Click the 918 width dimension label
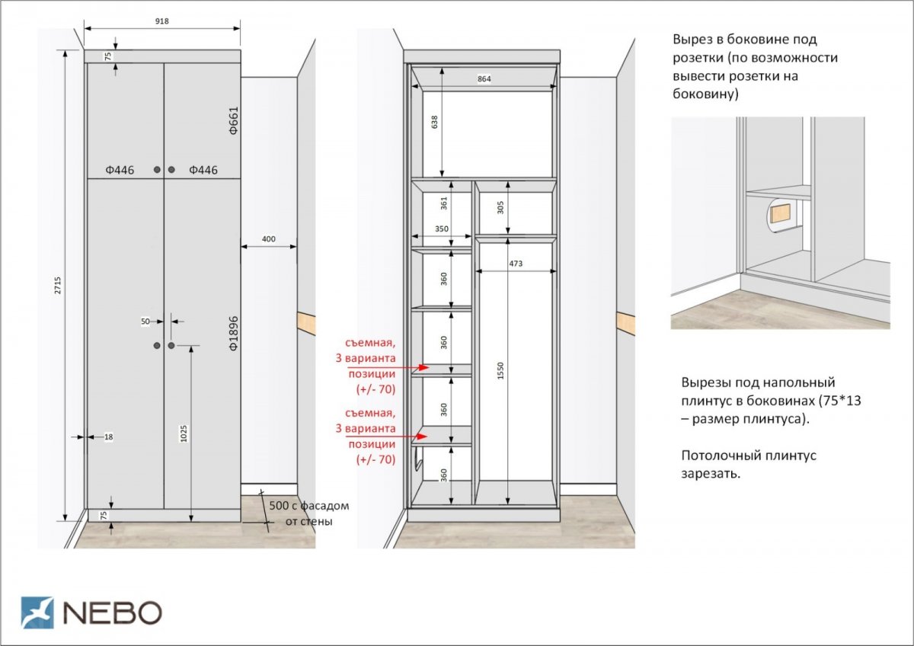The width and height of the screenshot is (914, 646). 162,21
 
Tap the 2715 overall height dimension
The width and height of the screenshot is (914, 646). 58,285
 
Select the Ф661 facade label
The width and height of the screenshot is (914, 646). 233,121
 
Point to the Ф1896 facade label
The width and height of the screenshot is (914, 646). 233,334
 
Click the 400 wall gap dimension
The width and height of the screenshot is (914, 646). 268,239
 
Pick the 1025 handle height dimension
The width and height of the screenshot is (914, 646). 184,433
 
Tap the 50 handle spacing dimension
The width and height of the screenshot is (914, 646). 145,321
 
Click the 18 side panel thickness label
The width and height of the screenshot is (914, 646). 108,437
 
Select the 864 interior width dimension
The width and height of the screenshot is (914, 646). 484,79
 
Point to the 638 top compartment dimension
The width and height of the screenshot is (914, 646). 435,122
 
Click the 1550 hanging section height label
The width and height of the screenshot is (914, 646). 500,371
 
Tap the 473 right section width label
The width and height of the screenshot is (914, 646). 516,264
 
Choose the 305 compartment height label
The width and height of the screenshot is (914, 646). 500,207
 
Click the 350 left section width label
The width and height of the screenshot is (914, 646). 442,229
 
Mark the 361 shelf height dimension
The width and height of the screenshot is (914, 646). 444,203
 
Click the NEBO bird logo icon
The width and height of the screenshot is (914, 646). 37,612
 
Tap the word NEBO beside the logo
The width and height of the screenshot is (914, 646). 113,612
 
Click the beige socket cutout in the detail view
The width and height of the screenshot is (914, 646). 780,213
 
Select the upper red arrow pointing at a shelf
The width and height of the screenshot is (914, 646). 388,367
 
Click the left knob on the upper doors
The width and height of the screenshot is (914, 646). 157,170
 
